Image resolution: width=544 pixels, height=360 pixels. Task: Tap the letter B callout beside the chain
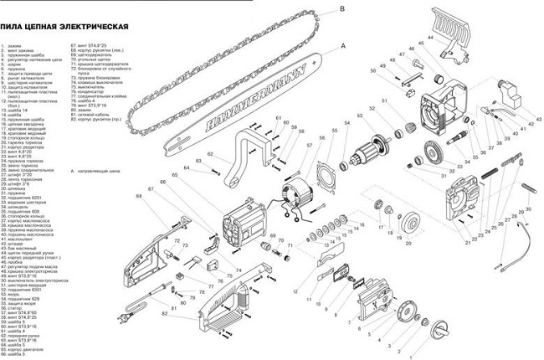342,10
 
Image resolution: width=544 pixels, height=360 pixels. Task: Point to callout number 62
189,152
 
